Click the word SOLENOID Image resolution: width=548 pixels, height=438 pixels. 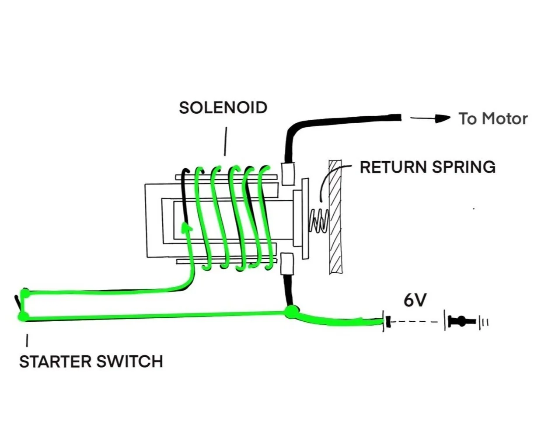pos(223,108)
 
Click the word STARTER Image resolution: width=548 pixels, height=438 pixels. pos(55,362)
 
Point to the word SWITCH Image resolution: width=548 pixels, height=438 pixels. pos(130,362)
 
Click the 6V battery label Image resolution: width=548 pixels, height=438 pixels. pos(415,301)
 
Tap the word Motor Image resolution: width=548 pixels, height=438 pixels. pos(505,119)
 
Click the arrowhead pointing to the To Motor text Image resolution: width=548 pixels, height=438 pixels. pos(443,119)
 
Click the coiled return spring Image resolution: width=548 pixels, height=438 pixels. pos(318,220)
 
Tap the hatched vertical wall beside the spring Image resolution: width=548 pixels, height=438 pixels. pos(335,217)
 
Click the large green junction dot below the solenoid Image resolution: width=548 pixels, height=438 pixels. pos(291,312)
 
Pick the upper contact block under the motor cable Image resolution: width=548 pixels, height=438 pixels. pos(288,174)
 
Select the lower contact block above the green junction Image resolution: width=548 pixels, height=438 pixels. pos(287,264)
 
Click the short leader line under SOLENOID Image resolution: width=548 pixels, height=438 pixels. pos(225,142)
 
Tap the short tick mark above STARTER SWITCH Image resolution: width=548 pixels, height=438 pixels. pos(27,341)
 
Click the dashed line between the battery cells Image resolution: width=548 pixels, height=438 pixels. pos(414,322)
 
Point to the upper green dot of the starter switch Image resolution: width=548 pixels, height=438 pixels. pos(25,293)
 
